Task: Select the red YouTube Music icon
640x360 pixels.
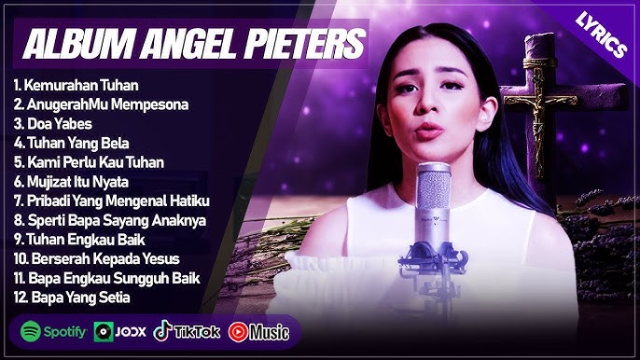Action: [x=239, y=331]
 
